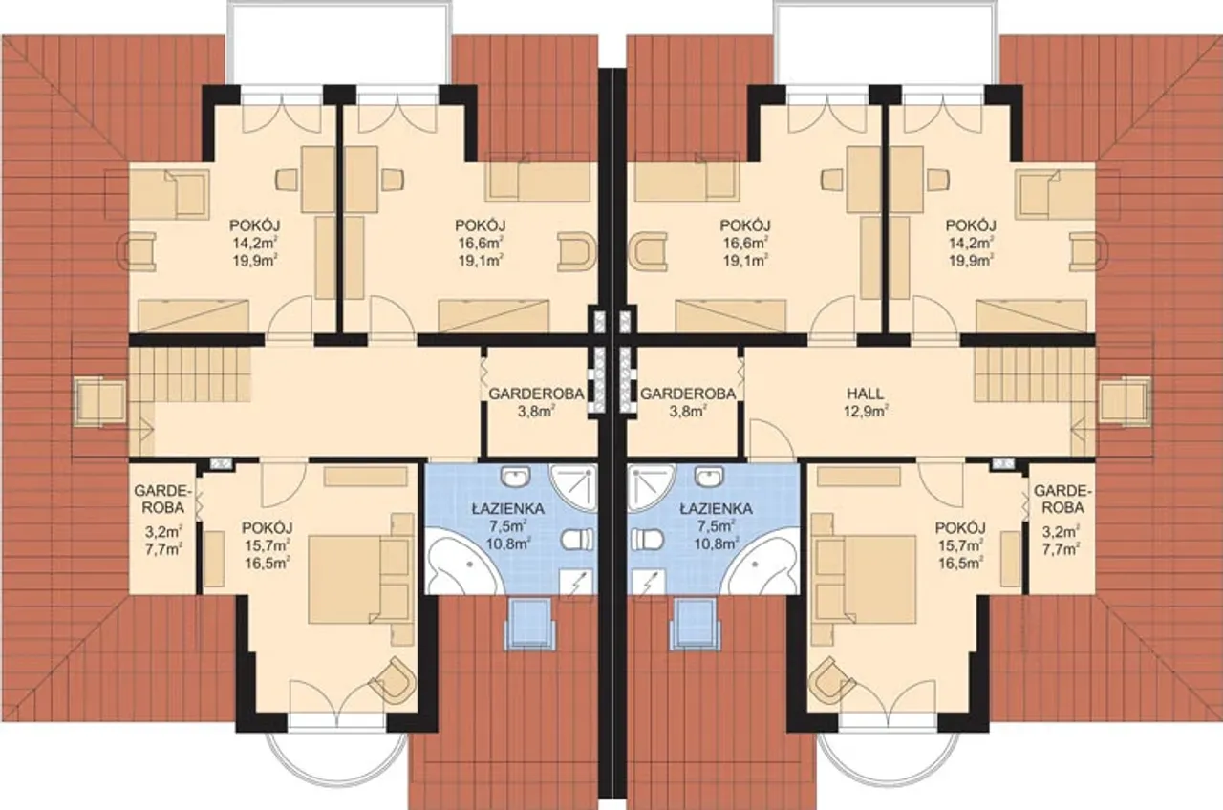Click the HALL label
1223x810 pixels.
866,393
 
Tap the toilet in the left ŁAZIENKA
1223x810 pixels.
578,540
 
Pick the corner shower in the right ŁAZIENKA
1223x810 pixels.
652,487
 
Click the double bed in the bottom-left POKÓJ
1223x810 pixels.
358,579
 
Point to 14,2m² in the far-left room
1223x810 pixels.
255,243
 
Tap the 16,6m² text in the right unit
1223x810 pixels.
745,243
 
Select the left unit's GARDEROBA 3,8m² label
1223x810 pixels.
536,402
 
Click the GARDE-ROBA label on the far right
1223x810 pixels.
1059,500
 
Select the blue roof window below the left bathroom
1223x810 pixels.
529,624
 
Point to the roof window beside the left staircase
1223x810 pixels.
100,402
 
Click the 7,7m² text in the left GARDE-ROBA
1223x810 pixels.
162,549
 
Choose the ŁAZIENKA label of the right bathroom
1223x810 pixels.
716,509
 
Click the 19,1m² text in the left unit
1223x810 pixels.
481,261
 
